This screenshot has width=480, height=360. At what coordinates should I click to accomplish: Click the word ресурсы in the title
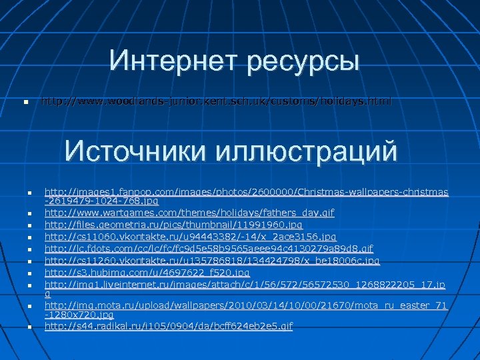pos(303,62)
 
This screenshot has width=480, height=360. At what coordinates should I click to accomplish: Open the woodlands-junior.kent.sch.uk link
pos(217,102)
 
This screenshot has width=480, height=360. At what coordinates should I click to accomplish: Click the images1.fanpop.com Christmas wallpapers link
pos(246,193)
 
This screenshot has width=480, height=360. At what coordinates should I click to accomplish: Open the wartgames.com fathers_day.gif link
pos(189,212)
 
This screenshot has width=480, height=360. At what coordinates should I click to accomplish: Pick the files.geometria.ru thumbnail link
pos(173,225)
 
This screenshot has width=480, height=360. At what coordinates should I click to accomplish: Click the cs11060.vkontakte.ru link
pos(190,237)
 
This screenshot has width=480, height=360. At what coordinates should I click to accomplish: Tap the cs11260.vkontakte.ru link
pos(212,261)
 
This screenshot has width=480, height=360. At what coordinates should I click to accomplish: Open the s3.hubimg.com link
pos(147,273)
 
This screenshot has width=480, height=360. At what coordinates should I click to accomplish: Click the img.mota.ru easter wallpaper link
pos(245,305)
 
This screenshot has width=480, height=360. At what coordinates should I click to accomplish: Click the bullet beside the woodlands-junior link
pos(25,104)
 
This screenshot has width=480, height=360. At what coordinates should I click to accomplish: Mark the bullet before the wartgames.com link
pos(31,213)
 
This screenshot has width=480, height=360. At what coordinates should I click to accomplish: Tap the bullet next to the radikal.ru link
pos(31,327)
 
